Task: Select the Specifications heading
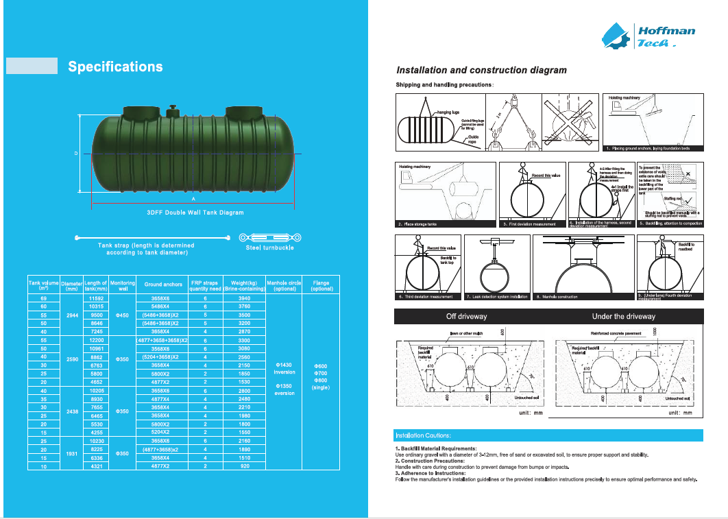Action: click(115, 67)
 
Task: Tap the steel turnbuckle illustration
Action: click(266, 237)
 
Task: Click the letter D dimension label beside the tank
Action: click(76, 153)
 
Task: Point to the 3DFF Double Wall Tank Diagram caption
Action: click(195, 213)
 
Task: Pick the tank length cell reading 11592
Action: click(96, 299)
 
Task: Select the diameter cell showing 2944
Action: click(71, 315)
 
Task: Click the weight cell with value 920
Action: click(245, 466)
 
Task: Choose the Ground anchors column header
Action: click(163, 283)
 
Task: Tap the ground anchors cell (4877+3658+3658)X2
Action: click(163, 340)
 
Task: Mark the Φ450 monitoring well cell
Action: click(123, 315)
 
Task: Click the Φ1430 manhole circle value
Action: click(284, 365)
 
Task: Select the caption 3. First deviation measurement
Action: click(530, 224)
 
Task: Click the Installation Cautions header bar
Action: click(548, 435)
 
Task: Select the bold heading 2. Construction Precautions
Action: click(430, 461)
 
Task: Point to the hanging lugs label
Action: click(448, 111)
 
